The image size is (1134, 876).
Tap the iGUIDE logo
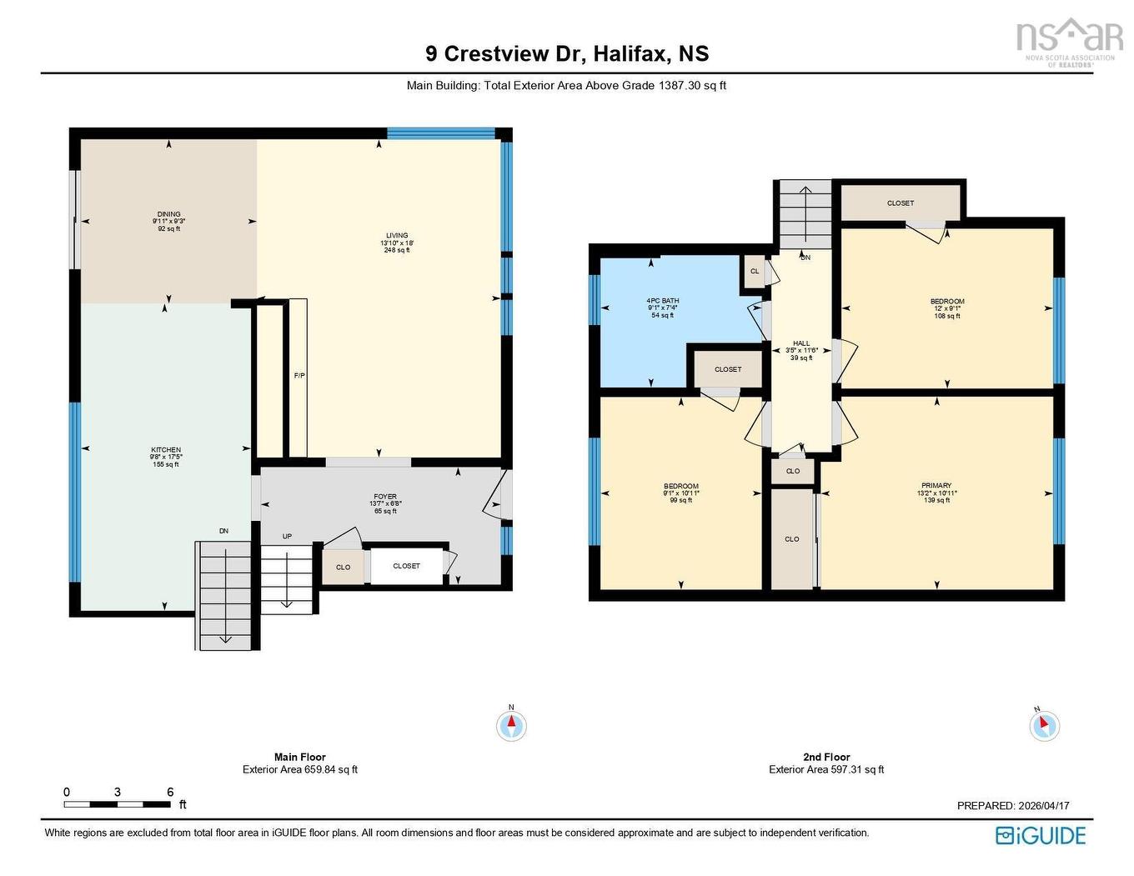click(1041, 836)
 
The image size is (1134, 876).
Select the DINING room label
click(168, 214)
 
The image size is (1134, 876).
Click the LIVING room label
click(397, 236)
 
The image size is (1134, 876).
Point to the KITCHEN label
click(166, 450)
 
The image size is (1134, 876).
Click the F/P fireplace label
click(299, 376)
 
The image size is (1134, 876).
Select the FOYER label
click(385, 497)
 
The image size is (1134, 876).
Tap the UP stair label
click(287, 537)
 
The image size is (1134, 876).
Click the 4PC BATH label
click(663, 301)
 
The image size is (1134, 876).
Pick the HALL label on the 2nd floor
click(801, 343)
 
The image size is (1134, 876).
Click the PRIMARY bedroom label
click(936, 486)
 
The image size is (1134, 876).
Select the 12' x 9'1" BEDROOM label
click(947, 302)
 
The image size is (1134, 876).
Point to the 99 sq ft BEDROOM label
click(681, 487)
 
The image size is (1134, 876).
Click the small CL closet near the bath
click(755, 272)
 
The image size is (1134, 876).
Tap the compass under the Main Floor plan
click(512, 725)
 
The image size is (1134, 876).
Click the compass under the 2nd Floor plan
click(1044, 725)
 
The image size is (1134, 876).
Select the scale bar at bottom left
click(118, 804)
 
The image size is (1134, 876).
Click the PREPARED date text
click(1013, 806)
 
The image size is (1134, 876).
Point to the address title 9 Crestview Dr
click(567, 54)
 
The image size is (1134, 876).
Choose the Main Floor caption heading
click(300, 758)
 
